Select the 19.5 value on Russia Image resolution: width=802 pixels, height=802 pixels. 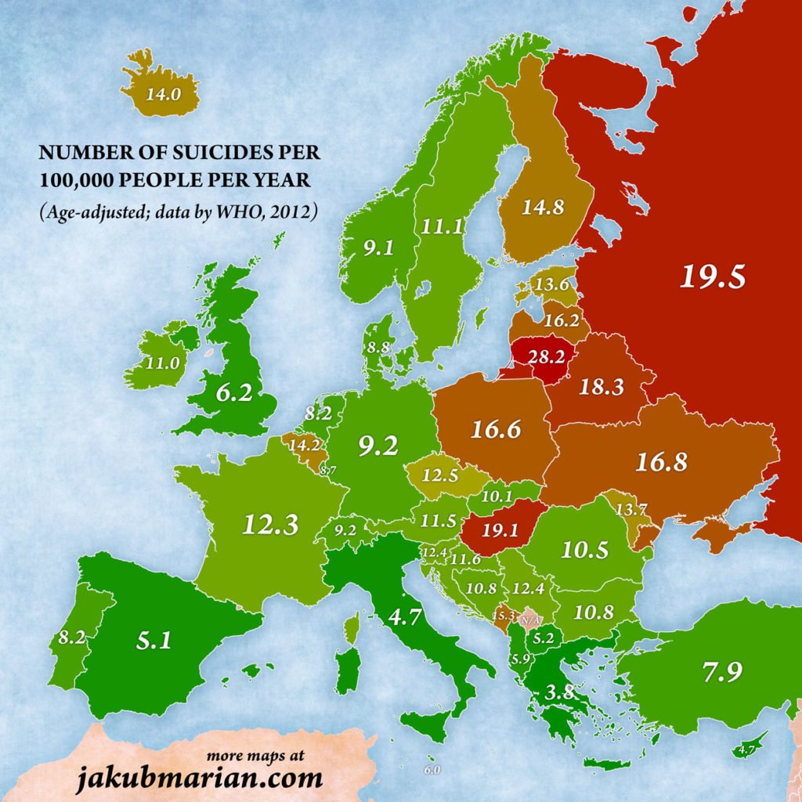[x=712, y=276]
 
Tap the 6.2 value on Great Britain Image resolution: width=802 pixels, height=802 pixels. [x=234, y=394]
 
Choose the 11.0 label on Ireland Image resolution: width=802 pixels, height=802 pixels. [x=164, y=363]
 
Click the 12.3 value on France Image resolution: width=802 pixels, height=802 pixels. [x=270, y=523]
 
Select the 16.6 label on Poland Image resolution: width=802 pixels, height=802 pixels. [x=496, y=428]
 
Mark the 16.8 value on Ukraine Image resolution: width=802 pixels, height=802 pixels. [x=661, y=462]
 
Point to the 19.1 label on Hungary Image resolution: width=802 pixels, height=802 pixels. [x=500, y=529]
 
